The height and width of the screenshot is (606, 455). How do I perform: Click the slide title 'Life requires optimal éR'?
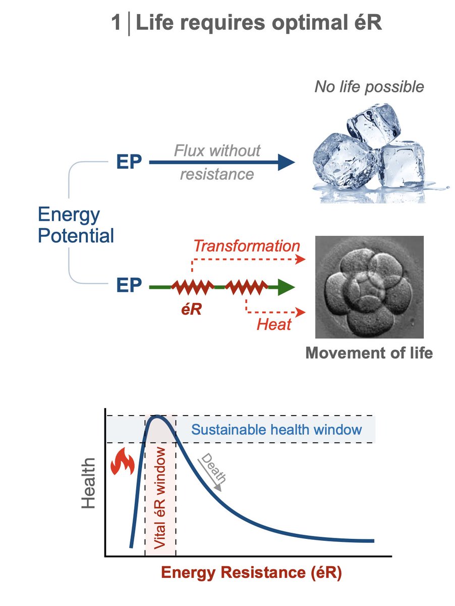259,24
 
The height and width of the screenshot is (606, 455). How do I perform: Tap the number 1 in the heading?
117,24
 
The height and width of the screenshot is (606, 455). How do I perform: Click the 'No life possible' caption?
369,87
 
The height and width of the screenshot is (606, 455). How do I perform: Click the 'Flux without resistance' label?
217,162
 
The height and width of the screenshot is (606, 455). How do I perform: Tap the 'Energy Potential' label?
76,225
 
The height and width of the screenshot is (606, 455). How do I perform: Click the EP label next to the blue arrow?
129,163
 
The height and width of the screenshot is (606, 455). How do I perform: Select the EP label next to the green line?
129,286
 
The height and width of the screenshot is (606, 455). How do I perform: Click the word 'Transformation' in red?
247,246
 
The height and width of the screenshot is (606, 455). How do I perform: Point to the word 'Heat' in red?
274,324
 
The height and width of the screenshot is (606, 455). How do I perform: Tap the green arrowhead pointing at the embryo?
287,287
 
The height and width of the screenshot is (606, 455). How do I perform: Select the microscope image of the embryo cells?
369,287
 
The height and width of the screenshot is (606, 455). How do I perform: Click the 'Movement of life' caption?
369,352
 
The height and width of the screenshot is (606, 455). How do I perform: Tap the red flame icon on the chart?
121,462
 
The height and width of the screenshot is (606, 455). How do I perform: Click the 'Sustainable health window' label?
277,430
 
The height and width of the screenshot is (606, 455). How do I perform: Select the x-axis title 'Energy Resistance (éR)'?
251,574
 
